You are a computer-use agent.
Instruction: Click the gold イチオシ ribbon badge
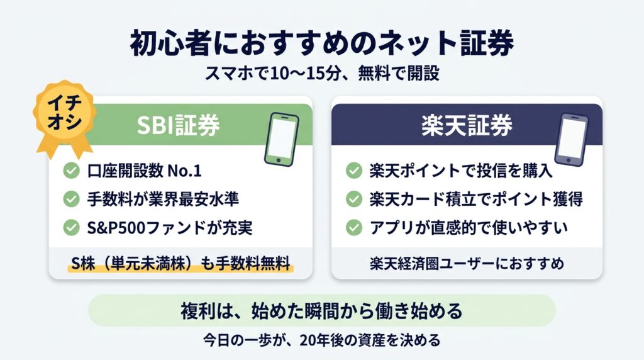pos(65,115)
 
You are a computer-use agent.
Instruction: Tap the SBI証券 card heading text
pos(178,125)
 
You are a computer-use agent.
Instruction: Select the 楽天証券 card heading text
pos(467,125)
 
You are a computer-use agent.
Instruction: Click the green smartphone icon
pos(281,139)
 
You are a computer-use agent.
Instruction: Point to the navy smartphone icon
pos(571,139)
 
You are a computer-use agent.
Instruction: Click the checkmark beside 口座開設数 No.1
pos(72,171)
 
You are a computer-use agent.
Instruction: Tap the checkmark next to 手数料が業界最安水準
pos(72,199)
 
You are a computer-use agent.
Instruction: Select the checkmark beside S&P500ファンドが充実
pos(72,227)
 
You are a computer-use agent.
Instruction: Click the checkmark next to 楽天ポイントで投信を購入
pos(353,171)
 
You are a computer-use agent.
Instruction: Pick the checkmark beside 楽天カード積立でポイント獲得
pos(353,199)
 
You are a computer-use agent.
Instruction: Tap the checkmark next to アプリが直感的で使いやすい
pos(353,227)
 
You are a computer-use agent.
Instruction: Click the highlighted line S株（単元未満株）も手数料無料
pos(180,264)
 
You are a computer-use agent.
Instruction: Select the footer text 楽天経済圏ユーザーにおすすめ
pos(467,264)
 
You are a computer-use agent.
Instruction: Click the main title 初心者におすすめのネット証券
pos(322,43)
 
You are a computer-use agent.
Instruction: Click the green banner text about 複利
pos(321,311)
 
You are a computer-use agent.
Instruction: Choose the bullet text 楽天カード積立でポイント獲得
pos(475,200)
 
